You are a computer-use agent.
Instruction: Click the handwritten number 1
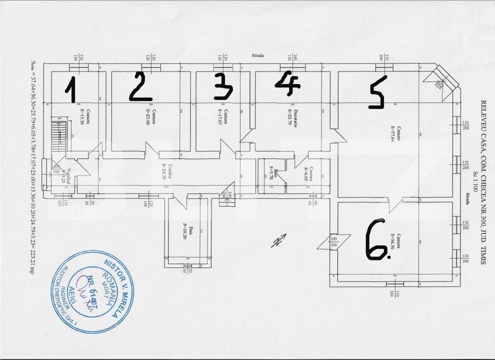(x=71, y=90)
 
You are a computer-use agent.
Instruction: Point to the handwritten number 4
(x=288, y=82)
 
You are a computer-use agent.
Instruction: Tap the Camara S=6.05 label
(x=306, y=173)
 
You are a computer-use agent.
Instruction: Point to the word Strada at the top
(x=257, y=56)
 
